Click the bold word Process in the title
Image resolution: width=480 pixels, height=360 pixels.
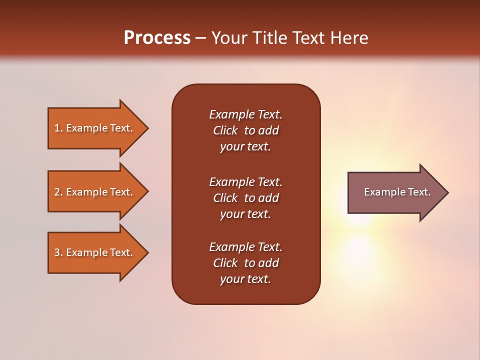(x=157, y=37)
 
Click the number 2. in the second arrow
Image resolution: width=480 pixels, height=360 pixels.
(x=58, y=192)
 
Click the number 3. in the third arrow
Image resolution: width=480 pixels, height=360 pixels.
(x=58, y=252)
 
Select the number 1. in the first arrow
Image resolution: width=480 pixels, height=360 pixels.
(x=58, y=128)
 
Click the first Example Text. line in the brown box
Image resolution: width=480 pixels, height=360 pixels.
(x=245, y=114)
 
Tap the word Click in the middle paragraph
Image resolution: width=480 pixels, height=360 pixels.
(x=225, y=198)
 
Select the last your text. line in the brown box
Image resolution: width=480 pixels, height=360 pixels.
(x=245, y=279)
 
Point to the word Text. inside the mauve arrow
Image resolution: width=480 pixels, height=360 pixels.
(x=419, y=192)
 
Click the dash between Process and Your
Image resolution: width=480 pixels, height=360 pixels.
(x=200, y=38)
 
